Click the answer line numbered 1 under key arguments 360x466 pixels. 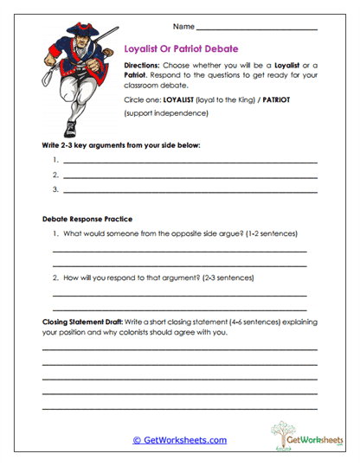point(190,163)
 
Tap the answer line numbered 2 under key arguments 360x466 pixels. point(190,176)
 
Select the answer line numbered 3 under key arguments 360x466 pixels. point(190,190)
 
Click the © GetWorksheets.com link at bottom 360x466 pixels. point(179,440)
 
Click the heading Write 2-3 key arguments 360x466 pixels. point(120,144)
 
